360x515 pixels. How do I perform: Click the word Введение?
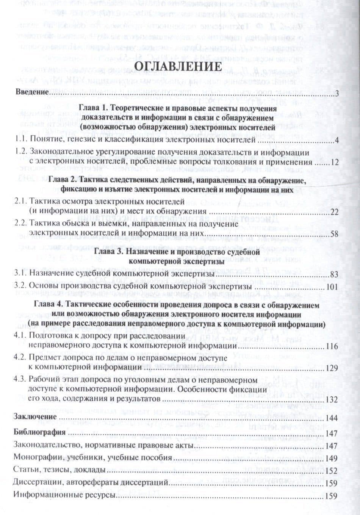(31, 92)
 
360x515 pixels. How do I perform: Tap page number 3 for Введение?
(336, 93)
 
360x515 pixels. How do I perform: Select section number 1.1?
(19, 141)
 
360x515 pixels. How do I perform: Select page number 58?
(333, 234)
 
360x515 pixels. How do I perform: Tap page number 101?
(332, 286)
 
